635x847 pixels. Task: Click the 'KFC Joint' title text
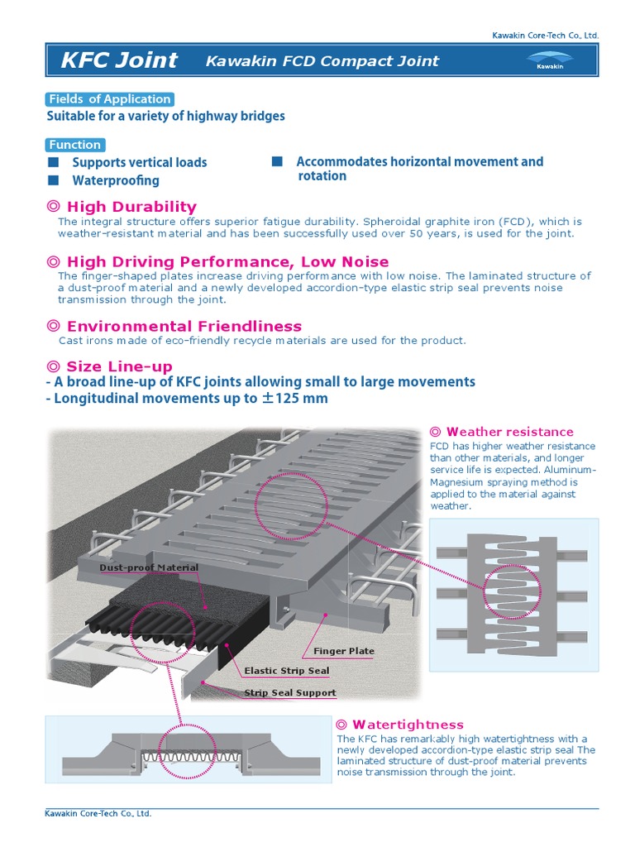pyautogui.click(x=119, y=60)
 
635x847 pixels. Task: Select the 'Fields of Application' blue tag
pyautogui.click(x=109, y=99)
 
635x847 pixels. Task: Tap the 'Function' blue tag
pyautogui.click(x=74, y=144)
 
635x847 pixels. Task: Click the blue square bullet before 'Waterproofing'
pyautogui.click(x=54, y=179)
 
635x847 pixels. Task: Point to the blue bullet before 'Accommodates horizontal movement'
pyautogui.click(x=278, y=161)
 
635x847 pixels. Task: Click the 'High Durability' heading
pyautogui.click(x=131, y=207)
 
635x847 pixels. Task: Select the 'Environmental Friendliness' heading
pyautogui.click(x=184, y=326)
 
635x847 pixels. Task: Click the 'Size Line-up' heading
pyautogui.click(x=119, y=366)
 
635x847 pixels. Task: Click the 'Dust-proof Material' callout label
pyautogui.click(x=149, y=567)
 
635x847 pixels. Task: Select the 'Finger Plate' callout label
pyautogui.click(x=344, y=651)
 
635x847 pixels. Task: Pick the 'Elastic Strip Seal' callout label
pyautogui.click(x=287, y=671)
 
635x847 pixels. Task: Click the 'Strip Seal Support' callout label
pyautogui.click(x=290, y=693)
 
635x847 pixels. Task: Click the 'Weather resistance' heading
pyautogui.click(x=509, y=432)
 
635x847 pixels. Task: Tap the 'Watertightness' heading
pyautogui.click(x=408, y=725)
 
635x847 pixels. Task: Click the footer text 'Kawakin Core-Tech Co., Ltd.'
pyautogui.click(x=98, y=814)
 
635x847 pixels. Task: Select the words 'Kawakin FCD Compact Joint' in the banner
pyautogui.click(x=322, y=60)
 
